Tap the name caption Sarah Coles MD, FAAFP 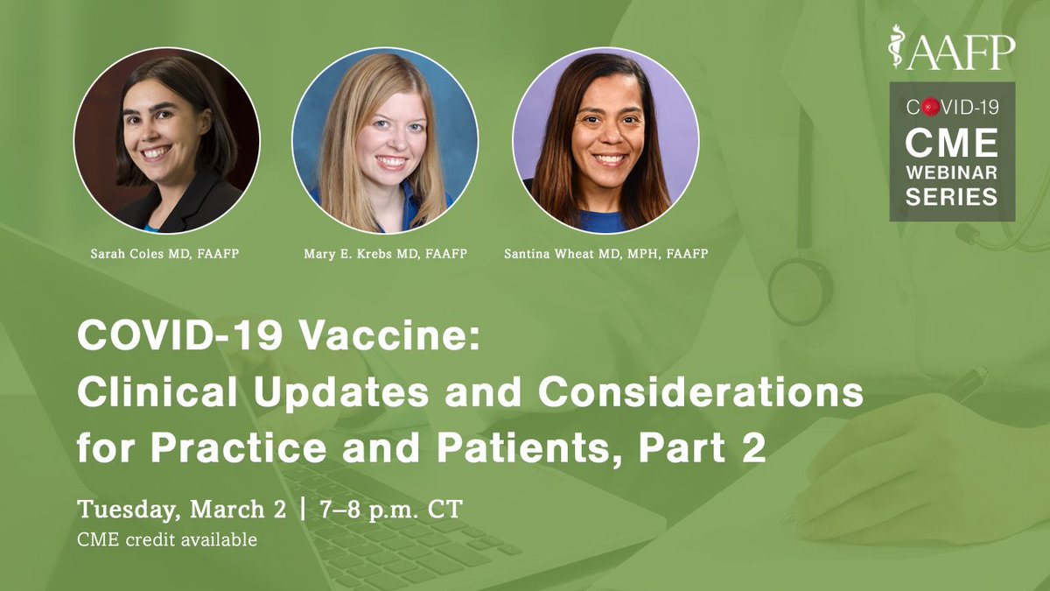click(x=165, y=254)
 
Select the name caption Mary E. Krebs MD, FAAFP click(x=386, y=254)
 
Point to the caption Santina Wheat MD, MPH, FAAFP click(x=605, y=254)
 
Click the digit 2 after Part click(x=754, y=448)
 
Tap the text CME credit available click(x=168, y=539)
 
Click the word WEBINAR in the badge click(x=952, y=172)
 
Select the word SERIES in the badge click(x=952, y=198)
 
